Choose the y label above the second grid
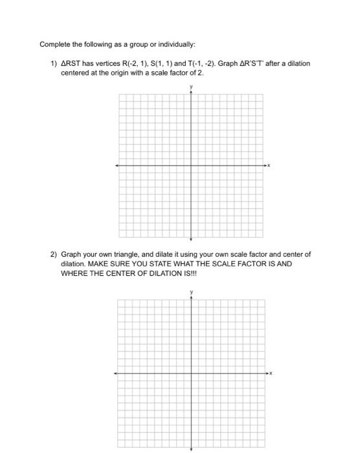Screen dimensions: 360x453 (191, 293)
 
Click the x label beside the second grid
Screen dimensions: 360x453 (273, 373)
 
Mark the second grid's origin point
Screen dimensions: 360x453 (191, 373)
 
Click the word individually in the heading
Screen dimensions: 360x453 (176, 45)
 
